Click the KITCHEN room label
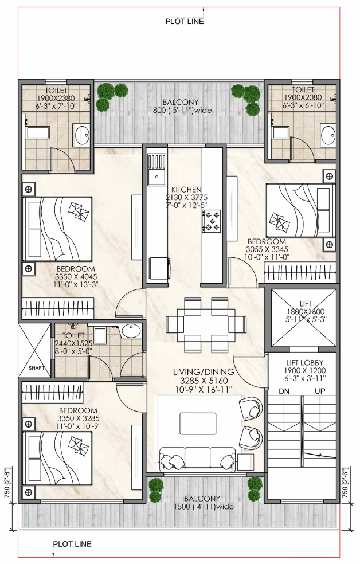[186, 190]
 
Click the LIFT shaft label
[306, 304]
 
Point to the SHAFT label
[36, 368]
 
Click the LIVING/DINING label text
[204, 372]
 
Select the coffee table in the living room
[198, 424]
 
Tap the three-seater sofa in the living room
[197, 459]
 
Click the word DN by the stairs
[284, 391]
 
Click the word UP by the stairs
[320, 391]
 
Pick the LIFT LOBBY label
[305, 363]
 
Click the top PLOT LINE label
[185, 22]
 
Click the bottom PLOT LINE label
[72, 544]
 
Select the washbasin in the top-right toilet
[328, 135]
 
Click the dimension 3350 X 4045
[76, 277]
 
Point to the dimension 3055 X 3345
[267, 249]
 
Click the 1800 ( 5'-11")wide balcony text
[181, 111]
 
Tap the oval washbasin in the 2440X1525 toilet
[131, 331]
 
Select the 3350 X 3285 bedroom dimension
[79, 418]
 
